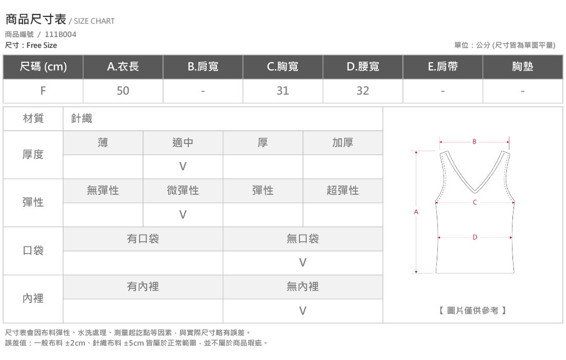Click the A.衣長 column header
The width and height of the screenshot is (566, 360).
click(123, 66)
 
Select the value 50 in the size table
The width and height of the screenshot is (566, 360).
click(123, 91)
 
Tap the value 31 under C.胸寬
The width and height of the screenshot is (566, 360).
click(282, 91)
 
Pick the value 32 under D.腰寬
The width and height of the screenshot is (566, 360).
click(363, 91)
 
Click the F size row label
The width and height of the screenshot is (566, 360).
click(43, 91)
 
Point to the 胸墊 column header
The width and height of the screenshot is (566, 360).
click(522, 66)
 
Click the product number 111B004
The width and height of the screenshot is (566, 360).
click(60, 34)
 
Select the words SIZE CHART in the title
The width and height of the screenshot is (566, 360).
click(94, 21)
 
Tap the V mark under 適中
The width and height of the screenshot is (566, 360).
click(183, 166)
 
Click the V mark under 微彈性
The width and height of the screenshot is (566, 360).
click(183, 214)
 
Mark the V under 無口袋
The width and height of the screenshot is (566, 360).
click(303, 263)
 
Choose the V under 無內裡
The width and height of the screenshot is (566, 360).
click(303, 311)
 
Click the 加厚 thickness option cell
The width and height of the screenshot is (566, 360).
click(343, 143)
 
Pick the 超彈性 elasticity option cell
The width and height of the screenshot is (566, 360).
click(343, 191)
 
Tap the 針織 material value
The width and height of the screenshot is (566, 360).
click(82, 118)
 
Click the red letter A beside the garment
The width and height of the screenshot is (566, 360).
click(416, 212)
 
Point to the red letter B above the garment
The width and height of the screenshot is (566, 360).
click(474, 142)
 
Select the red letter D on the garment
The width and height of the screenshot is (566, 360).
click(475, 238)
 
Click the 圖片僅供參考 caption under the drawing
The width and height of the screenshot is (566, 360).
click(472, 311)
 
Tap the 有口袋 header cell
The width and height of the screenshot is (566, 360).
click(143, 239)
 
